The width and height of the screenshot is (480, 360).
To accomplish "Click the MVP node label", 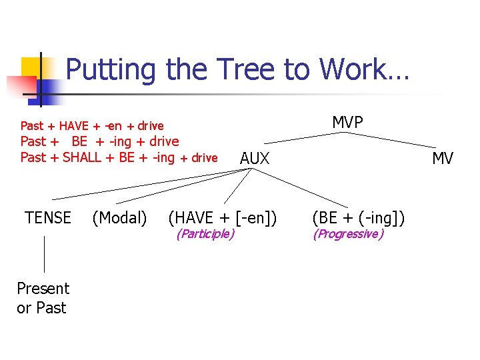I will pyautogui.click(x=347, y=122).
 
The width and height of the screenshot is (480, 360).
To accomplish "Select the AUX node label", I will pyautogui.click(x=255, y=159).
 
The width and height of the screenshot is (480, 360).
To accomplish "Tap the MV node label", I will pyautogui.click(x=443, y=159).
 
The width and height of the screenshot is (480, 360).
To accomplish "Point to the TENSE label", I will pyautogui.click(x=48, y=218).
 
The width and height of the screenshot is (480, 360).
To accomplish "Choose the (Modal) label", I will pyautogui.click(x=120, y=218).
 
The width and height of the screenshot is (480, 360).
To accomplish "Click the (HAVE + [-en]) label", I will pyautogui.click(x=223, y=218).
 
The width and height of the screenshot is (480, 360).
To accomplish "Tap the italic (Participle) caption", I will pyautogui.click(x=205, y=234).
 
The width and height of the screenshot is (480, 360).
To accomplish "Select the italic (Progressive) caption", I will pyautogui.click(x=348, y=234).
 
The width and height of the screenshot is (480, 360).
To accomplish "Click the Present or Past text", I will pyautogui.click(x=43, y=298).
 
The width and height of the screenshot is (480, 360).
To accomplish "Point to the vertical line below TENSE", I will pyautogui.click(x=44, y=253).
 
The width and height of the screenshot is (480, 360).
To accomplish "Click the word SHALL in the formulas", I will pyautogui.click(x=91, y=158).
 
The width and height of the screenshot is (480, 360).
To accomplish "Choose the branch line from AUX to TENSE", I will pyautogui.click(x=147, y=185).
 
